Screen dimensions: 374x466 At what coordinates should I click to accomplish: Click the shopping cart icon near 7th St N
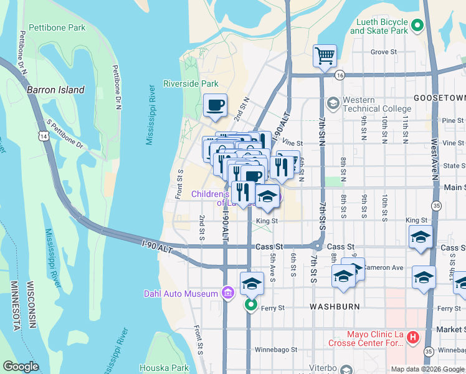(x=325, y=56)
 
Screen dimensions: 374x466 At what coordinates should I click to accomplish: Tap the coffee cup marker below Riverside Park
(x=216, y=105)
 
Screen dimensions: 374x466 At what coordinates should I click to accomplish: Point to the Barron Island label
(x=55, y=90)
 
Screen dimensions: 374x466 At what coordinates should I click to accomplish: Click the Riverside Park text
(x=191, y=84)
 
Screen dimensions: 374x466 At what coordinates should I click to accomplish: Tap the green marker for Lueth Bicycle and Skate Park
(x=417, y=26)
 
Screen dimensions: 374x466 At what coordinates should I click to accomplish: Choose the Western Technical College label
(x=368, y=104)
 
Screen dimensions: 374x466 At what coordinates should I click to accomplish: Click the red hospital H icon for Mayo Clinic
(x=412, y=338)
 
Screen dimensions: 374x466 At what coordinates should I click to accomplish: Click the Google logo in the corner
(x=21, y=367)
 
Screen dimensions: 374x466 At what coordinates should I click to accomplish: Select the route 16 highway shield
(x=339, y=75)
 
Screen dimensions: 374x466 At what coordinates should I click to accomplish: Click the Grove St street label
(x=384, y=52)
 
